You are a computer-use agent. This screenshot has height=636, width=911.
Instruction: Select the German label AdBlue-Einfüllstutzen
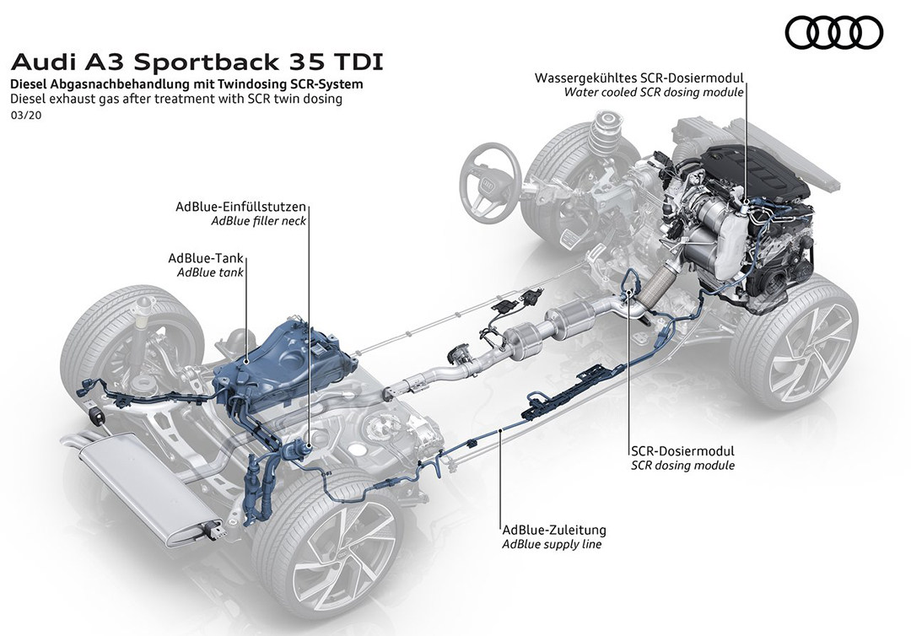[240, 207]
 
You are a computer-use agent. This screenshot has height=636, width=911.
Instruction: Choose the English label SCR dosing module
[682, 465]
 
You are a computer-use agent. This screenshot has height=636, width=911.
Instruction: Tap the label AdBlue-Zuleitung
[553, 531]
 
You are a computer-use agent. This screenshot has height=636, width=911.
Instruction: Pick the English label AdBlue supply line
[553, 545]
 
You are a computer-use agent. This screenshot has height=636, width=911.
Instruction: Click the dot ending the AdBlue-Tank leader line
[246, 361]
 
